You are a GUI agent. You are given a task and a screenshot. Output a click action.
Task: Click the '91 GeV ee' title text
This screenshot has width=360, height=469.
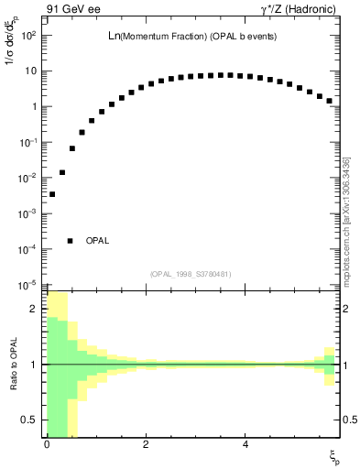click(x=72, y=10)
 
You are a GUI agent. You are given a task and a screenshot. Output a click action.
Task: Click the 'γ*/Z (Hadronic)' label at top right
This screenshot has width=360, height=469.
click(x=298, y=10)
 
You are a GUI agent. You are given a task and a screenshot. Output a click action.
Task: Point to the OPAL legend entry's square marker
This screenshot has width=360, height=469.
click(x=71, y=241)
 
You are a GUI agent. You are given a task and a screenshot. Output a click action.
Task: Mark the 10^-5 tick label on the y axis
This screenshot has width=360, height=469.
click(x=27, y=285)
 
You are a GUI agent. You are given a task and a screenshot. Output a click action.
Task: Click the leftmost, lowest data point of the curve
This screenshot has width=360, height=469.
click(x=52, y=194)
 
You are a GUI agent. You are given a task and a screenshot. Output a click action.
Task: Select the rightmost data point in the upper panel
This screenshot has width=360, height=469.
click(x=329, y=101)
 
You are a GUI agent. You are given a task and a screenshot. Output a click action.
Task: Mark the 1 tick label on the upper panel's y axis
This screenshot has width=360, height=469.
click(x=33, y=107)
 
